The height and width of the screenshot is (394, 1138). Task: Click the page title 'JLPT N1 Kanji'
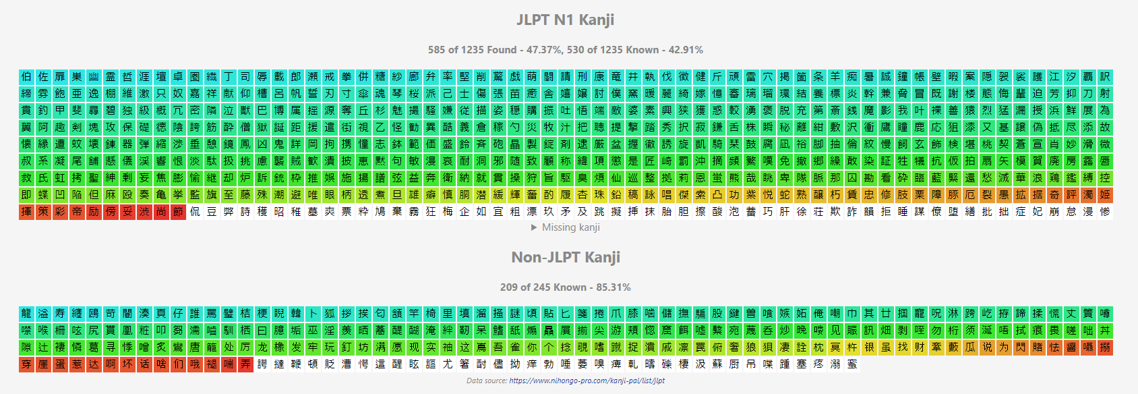[x=565, y=20]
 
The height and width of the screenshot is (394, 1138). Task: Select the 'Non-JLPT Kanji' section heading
[x=565, y=257]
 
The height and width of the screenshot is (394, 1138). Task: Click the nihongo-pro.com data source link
[x=587, y=381]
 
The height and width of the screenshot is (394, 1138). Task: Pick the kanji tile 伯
[x=26, y=76]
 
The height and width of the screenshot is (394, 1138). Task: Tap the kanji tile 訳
[x=1105, y=76]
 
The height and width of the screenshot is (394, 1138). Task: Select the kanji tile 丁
[x=229, y=76]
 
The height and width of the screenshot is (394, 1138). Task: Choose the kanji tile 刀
[x=1088, y=93]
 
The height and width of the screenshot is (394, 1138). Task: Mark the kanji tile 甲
[x=60, y=110]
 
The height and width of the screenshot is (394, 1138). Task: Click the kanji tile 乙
[x=380, y=127]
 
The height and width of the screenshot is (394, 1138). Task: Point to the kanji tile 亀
[x=161, y=194]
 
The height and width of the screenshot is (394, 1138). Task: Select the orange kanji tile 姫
[x=1105, y=194]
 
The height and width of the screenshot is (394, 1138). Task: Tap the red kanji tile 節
[x=178, y=211]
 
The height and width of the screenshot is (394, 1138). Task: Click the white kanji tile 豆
[x=212, y=211]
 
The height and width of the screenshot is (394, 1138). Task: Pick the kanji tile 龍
[x=26, y=314]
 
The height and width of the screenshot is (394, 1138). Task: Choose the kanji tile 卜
[x=313, y=314]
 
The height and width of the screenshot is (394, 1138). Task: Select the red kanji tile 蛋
[x=60, y=364]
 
